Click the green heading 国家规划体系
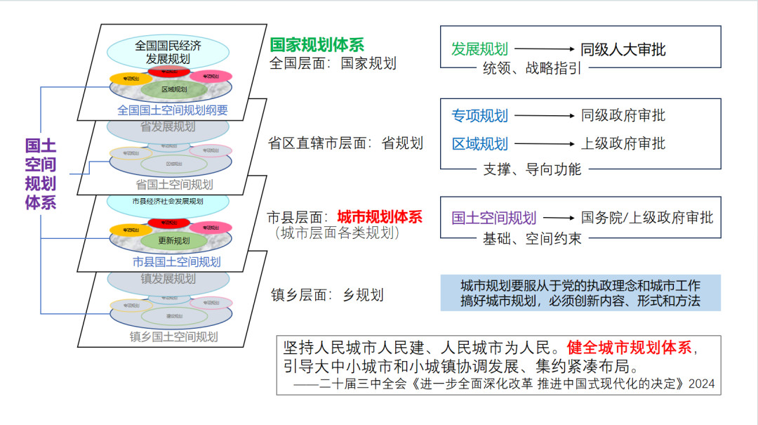click(x=317, y=45)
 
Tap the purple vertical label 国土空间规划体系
click(x=40, y=174)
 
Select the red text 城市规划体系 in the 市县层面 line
click(x=380, y=216)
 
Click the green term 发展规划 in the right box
click(x=479, y=49)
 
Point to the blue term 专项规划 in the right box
click(x=479, y=115)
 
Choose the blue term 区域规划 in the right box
click(x=479, y=144)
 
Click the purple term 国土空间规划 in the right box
click(x=493, y=218)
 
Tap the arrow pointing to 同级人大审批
click(x=545, y=49)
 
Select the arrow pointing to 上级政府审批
click(x=545, y=144)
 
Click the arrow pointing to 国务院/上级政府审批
click(x=559, y=218)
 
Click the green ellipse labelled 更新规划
click(x=173, y=240)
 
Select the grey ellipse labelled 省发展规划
click(x=168, y=126)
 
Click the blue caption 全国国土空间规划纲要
click(x=173, y=110)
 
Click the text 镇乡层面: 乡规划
click(x=327, y=295)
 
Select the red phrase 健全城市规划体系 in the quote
click(x=630, y=347)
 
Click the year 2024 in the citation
click(x=701, y=384)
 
